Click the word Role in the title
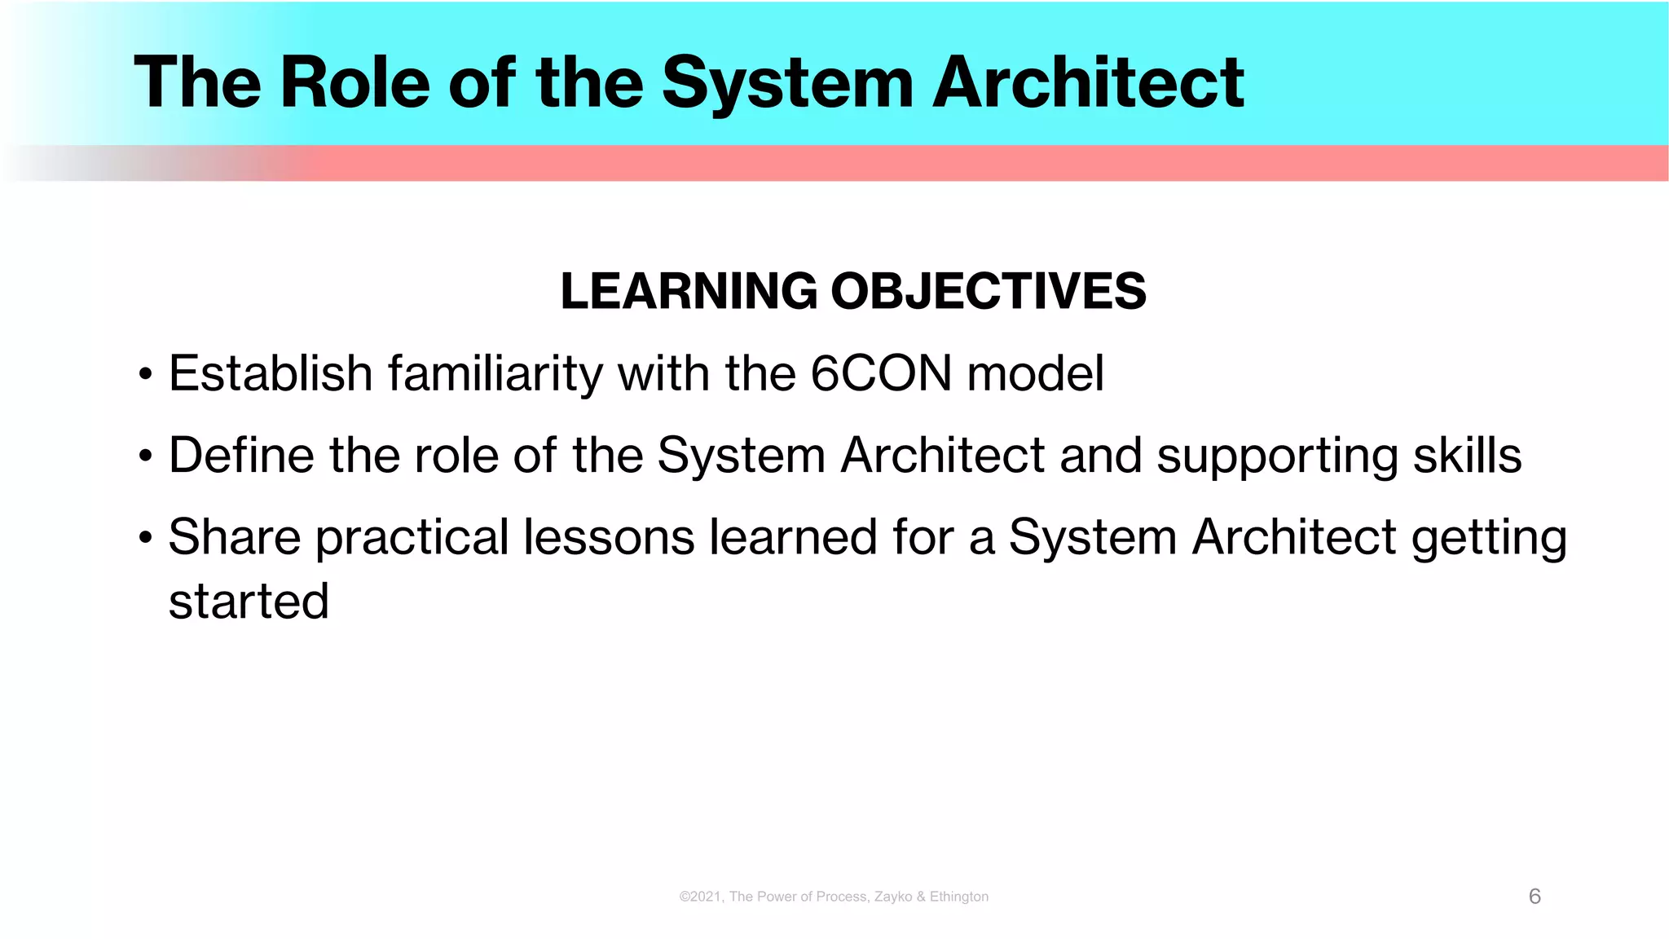click(x=354, y=82)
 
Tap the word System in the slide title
click(x=787, y=82)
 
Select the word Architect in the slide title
click(x=1088, y=82)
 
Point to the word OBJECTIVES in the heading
click(x=988, y=291)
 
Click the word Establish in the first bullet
click(x=271, y=373)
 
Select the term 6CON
click(x=881, y=373)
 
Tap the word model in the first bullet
click(x=1035, y=373)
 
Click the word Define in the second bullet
click(x=240, y=455)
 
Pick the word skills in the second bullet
click(x=1467, y=455)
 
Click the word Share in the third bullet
click(x=235, y=537)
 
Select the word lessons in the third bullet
click(x=608, y=537)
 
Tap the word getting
click(x=1489, y=539)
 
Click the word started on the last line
click(x=249, y=602)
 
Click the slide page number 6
click(x=1535, y=897)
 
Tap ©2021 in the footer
click(x=700, y=897)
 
